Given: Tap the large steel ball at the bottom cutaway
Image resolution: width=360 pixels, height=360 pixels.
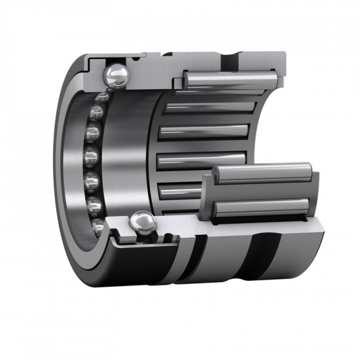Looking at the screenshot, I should [143, 224].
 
